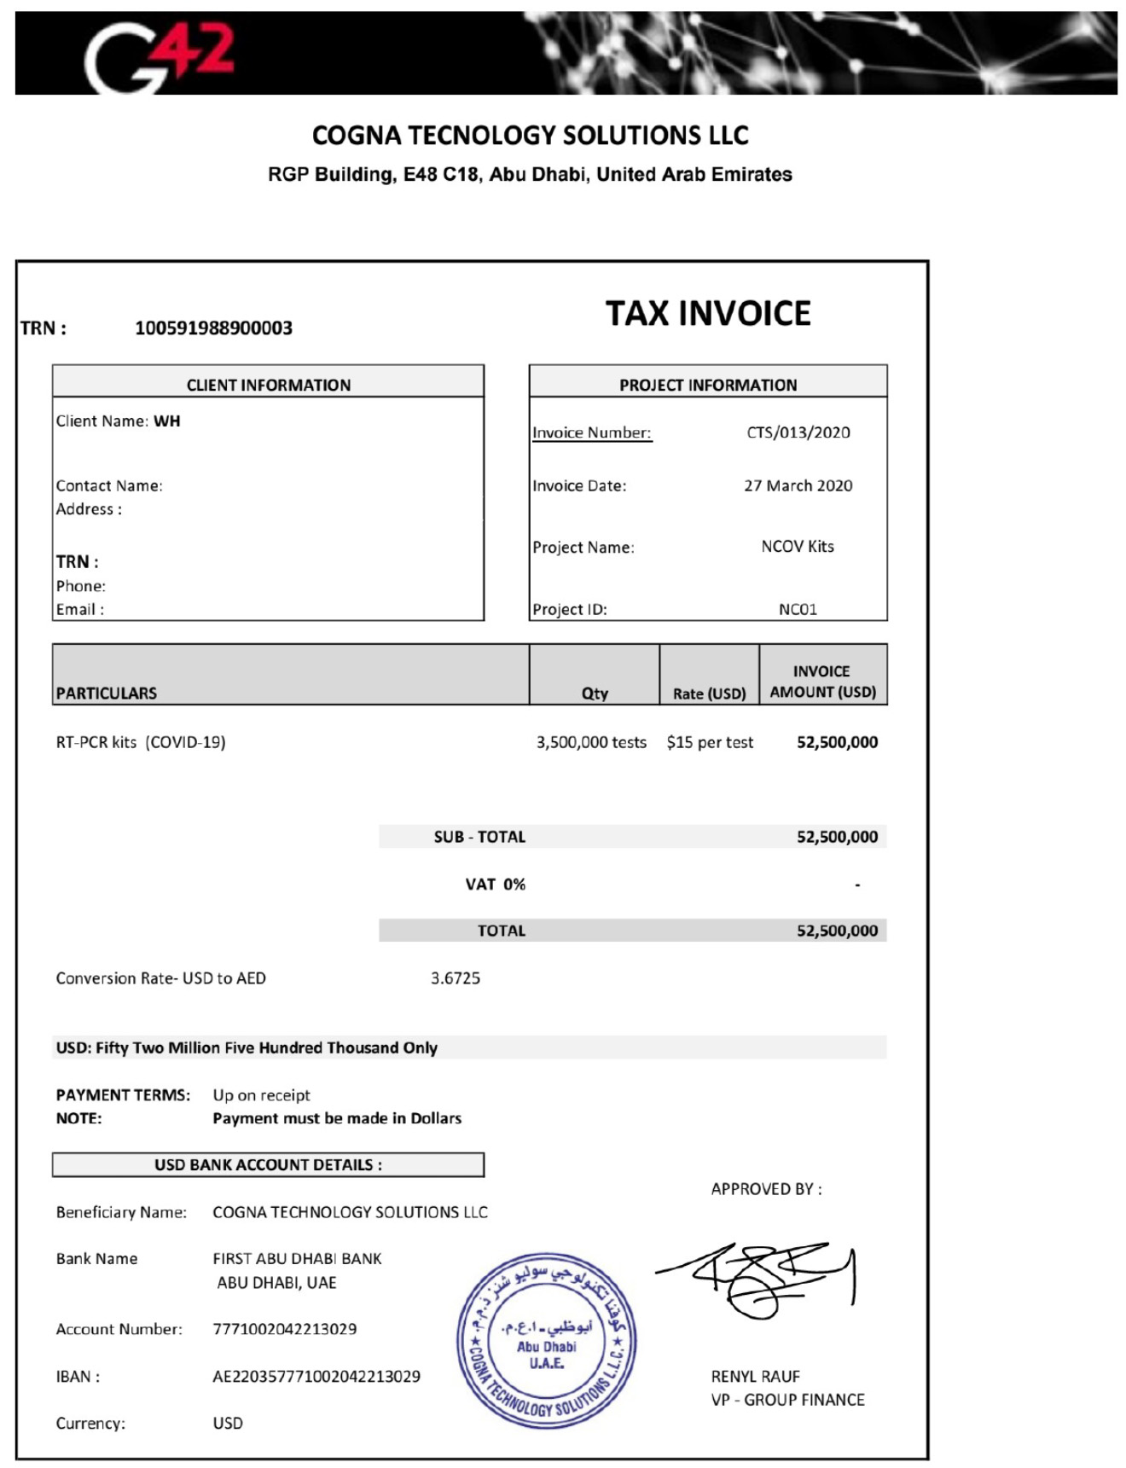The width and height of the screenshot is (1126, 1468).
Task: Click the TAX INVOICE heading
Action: [708, 314]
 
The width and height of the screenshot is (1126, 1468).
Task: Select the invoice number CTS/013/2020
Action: [798, 432]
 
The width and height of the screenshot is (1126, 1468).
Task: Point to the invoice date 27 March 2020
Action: [798, 485]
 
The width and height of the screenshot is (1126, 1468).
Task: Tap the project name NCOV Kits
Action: [798, 546]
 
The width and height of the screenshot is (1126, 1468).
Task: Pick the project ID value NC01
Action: [798, 609]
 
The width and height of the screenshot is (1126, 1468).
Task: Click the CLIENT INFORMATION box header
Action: [268, 385]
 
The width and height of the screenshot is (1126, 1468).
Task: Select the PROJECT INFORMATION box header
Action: [708, 385]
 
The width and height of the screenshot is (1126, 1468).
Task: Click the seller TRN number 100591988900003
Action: [213, 328]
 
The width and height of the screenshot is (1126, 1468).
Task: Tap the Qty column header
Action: [595, 693]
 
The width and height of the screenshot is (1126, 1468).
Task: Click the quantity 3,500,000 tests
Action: [591, 742]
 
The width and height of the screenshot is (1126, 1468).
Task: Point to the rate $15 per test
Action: [710, 742]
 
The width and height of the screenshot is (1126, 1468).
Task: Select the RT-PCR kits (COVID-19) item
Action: [141, 742]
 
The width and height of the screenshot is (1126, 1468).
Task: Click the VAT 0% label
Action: [495, 884]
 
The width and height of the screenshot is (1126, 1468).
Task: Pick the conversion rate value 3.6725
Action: [456, 978]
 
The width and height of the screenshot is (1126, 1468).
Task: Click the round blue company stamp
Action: [546, 1339]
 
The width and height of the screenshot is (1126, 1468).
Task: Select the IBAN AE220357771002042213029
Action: [316, 1376]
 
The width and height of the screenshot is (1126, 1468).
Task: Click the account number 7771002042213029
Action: [285, 1329]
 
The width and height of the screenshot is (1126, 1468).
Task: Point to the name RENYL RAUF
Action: [756, 1376]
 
